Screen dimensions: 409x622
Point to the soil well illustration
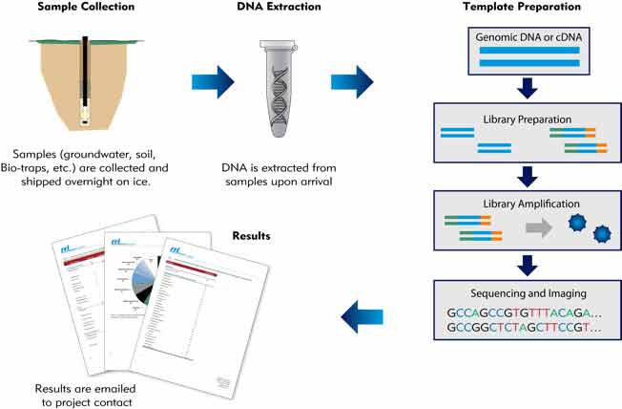point(85,82)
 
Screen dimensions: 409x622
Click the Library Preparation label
point(527,121)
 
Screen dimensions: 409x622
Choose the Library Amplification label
point(527,204)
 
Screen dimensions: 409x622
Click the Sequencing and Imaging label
point(527,291)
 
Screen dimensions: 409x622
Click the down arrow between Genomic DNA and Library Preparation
point(527,90)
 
